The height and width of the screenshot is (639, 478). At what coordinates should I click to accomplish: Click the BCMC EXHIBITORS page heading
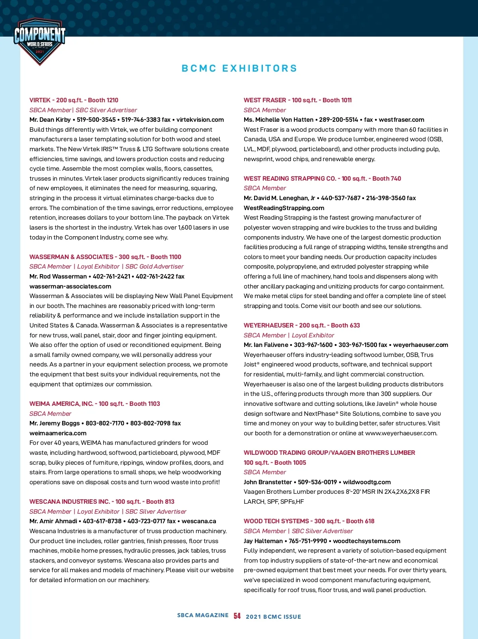[239, 68]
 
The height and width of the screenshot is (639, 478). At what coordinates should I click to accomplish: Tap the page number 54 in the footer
[237, 616]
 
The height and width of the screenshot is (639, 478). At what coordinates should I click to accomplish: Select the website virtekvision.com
[200, 120]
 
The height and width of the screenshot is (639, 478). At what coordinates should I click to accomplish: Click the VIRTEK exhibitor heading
[74, 100]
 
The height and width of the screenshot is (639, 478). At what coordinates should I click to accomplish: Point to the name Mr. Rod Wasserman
[58, 277]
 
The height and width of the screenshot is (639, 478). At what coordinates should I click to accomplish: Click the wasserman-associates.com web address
[70, 286]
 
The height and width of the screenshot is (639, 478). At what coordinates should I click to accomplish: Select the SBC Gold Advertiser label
[155, 267]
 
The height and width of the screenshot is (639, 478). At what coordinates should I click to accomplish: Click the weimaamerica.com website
[58, 433]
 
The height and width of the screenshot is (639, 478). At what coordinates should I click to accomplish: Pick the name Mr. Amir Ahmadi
[53, 521]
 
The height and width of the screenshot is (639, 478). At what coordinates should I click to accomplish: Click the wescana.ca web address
[199, 521]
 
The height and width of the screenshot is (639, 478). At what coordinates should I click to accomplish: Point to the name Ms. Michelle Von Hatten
[278, 120]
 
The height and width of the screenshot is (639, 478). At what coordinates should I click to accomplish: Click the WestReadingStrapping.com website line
[284, 208]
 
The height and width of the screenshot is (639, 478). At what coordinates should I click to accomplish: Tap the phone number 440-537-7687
[341, 198]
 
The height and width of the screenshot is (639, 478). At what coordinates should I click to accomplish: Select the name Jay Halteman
[263, 541]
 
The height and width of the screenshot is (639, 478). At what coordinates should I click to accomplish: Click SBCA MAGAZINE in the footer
[203, 615]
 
